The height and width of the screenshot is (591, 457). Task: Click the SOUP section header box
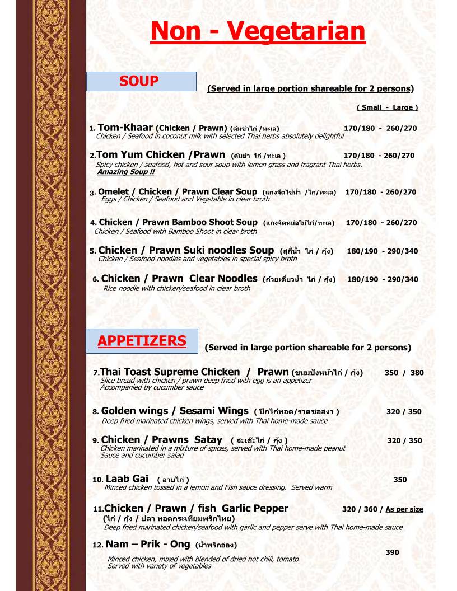[x=141, y=82]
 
